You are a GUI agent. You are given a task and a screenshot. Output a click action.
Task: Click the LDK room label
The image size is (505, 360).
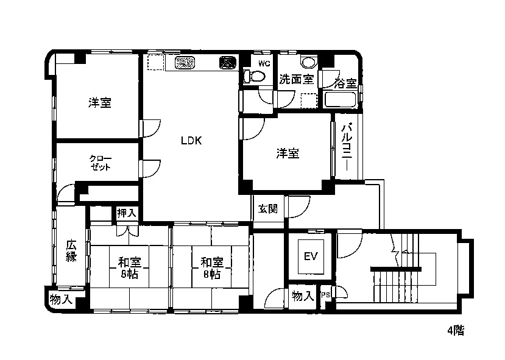[x=191, y=140]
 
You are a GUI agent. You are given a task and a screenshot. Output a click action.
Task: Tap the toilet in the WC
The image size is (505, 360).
[x=254, y=76]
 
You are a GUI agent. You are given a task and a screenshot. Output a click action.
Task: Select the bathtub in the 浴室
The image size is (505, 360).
[x=340, y=100]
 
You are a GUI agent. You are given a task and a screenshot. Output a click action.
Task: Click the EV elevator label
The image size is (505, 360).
[x=311, y=256]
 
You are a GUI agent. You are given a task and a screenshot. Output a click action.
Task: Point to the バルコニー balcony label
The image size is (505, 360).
[x=346, y=146]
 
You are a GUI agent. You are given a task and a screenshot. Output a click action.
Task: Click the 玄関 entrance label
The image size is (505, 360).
[x=268, y=209]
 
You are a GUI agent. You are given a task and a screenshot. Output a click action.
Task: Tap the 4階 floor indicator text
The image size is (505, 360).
[x=456, y=330]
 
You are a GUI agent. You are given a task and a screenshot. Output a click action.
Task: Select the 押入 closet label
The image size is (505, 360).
[x=127, y=213]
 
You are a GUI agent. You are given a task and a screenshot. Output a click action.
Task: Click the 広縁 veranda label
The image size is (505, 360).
[x=71, y=251]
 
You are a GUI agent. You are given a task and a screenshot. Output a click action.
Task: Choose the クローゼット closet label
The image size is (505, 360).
[x=101, y=163]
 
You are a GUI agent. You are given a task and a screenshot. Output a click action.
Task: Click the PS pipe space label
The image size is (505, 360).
[x=325, y=295]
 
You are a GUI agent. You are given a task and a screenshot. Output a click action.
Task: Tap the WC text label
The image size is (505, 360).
[x=264, y=63]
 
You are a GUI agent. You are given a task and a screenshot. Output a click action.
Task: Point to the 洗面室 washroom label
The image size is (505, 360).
[x=296, y=79]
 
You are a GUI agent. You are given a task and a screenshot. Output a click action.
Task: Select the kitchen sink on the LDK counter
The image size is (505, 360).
[x=185, y=63]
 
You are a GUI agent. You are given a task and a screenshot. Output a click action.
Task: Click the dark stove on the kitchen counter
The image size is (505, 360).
[x=228, y=63]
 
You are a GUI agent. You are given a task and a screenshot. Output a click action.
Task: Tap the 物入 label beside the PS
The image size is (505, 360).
[x=302, y=296]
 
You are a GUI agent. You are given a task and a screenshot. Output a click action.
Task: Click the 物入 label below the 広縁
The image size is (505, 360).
[x=60, y=300]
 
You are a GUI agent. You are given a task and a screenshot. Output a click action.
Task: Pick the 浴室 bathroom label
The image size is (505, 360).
[x=345, y=83]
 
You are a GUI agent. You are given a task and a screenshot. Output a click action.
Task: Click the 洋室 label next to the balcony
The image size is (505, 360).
[x=288, y=154]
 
